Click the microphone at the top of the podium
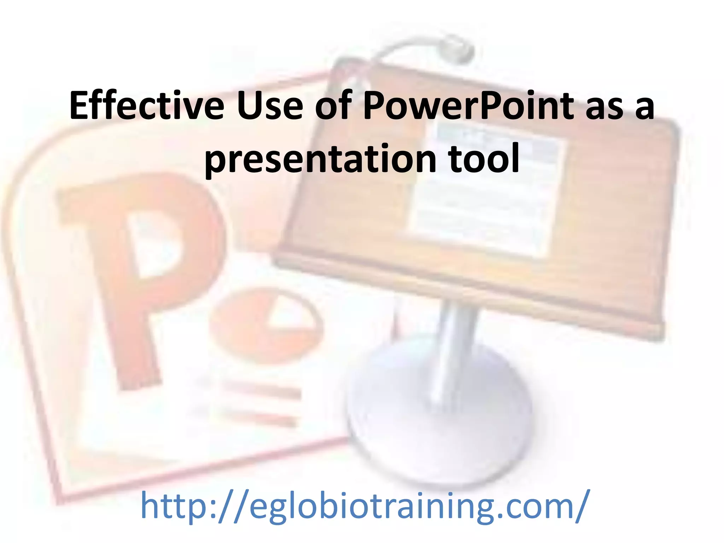tap(456, 51)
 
